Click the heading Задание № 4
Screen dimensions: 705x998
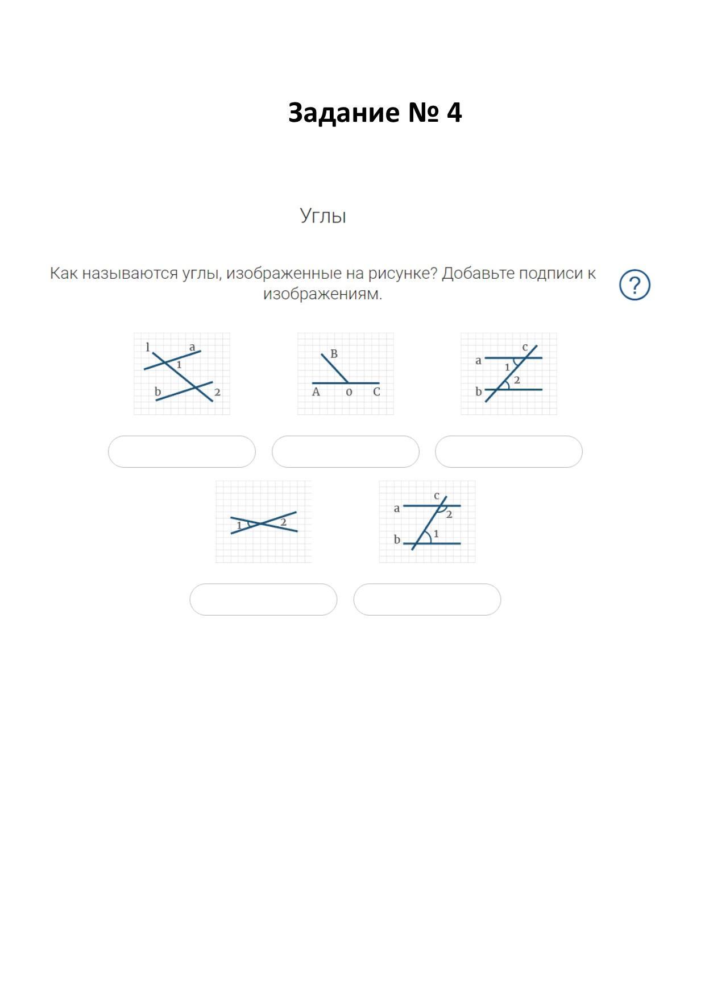(x=375, y=113)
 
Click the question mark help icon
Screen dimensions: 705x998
(x=634, y=284)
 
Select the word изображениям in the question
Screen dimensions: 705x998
(x=322, y=294)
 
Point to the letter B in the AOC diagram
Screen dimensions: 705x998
(x=334, y=354)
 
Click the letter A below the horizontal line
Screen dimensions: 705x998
(x=316, y=391)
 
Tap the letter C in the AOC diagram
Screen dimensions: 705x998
(x=376, y=391)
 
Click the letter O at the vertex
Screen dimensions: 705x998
(x=349, y=392)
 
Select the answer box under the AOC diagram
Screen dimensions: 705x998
(x=346, y=452)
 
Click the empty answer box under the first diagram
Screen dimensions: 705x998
(x=182, y=452)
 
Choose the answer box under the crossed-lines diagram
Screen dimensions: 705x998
(x=263, y=599)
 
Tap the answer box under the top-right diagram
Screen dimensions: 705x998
(x=509, y=452)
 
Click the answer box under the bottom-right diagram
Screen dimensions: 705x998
(x=427, y=599)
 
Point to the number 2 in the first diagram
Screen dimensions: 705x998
(x=217, y=392)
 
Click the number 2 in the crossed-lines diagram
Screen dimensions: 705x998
(x=283, y=522)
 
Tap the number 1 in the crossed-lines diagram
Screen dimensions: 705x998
(x=239, y=525)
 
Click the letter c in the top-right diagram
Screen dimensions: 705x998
(x=525, y=347)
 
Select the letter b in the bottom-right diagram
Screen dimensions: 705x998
(x=397, y=539)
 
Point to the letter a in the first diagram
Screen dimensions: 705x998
(x=192, y=347)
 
